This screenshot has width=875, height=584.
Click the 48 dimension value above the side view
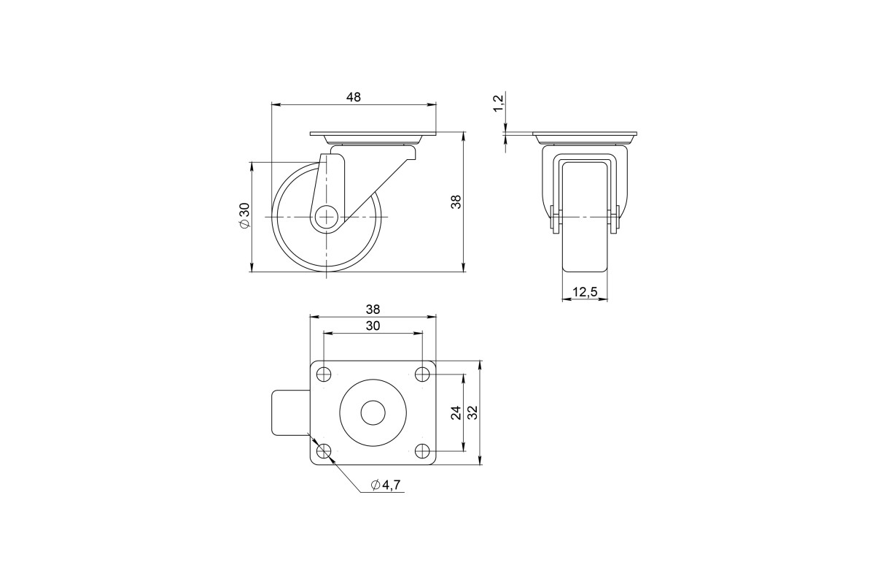[x=354, y=97]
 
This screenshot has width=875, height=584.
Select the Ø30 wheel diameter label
[x=244, y=215]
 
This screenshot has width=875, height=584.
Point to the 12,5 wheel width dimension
[x=585, y=292]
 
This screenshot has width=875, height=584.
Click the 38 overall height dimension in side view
[x=456, y=201]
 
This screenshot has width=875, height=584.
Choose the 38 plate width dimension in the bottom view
[x=373, y=310]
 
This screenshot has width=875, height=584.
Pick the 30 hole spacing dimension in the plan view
[x=373, y=326]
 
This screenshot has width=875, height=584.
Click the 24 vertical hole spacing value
[x=456, y=412]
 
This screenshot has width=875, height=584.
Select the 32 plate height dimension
[x=472, y=412]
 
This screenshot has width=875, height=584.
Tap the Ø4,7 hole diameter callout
[x=386, y=485]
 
